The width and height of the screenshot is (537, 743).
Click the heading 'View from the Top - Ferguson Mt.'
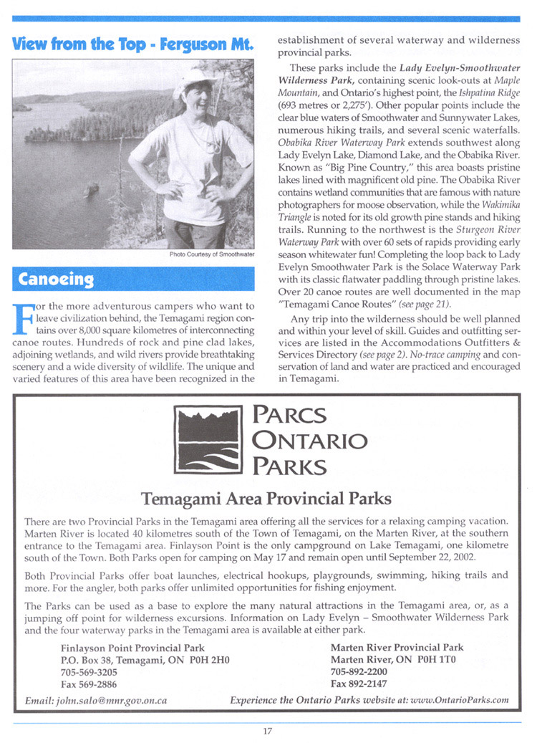coord(134,44)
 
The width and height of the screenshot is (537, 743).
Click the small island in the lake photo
coord(91,190)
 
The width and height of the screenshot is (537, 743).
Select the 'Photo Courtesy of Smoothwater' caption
coord(212,255)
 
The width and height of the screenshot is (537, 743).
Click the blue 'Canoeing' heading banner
coord(134,278)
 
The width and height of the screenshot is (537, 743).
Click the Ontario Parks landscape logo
coord(208,442)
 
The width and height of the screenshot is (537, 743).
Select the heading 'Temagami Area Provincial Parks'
coord(267,498)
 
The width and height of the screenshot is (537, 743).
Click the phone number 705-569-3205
coord(89,673)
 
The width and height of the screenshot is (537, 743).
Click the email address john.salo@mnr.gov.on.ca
coord(96,701)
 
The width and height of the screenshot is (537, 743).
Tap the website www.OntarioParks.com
coord(458,701)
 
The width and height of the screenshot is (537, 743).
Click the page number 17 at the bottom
coord(268,731)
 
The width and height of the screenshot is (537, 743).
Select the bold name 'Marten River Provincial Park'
coord(397,648)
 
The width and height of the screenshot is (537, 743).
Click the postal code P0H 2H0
coord(209,661)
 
